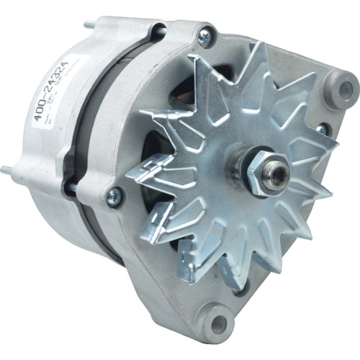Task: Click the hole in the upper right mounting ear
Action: [345, 90]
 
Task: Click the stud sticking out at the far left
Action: [9, 171]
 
